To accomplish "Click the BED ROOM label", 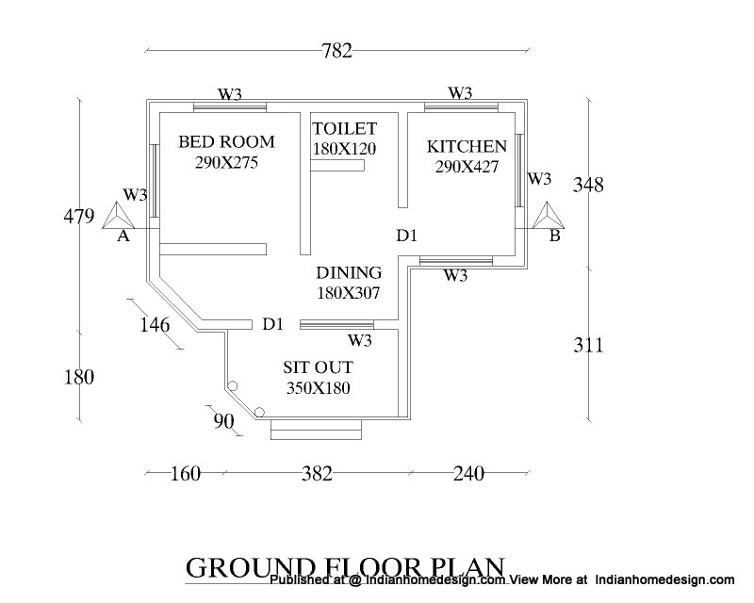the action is (226, 142).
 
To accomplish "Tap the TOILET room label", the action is (345, 129).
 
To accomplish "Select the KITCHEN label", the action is (467, 146).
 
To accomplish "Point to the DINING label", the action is (349, 272).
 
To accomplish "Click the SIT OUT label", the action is (318, 367).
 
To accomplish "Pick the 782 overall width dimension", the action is (336, 51).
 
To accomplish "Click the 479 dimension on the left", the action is (79, 217).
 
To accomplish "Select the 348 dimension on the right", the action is (587, 185).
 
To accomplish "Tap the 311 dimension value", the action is (587, 345).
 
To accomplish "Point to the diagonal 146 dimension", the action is (155, 325).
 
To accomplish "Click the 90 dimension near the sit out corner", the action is (223, 422).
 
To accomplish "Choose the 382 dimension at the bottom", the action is (317, 474).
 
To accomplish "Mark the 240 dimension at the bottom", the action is (468, 474).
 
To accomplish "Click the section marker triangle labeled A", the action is (118, 216).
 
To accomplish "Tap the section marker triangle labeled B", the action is (549, 216).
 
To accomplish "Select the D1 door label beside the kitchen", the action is (406, 236).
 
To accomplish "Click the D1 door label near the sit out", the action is (272, 324).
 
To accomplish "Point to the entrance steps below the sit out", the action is (316, 429).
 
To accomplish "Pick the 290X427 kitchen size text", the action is (467, 167).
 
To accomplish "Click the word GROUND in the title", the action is (250, 568).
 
